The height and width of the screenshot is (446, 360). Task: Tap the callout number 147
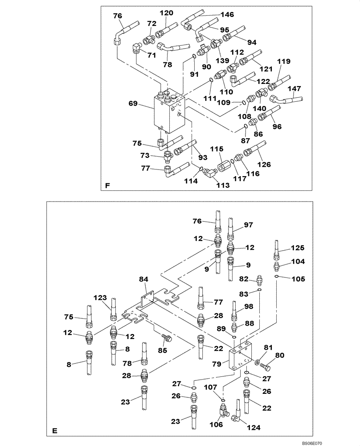[x=294, y=88]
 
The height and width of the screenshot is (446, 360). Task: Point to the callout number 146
[x=228, y=15]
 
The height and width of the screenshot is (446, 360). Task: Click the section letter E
[x=54, y=431]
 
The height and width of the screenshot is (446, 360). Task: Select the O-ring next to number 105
[x=277, y=277]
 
